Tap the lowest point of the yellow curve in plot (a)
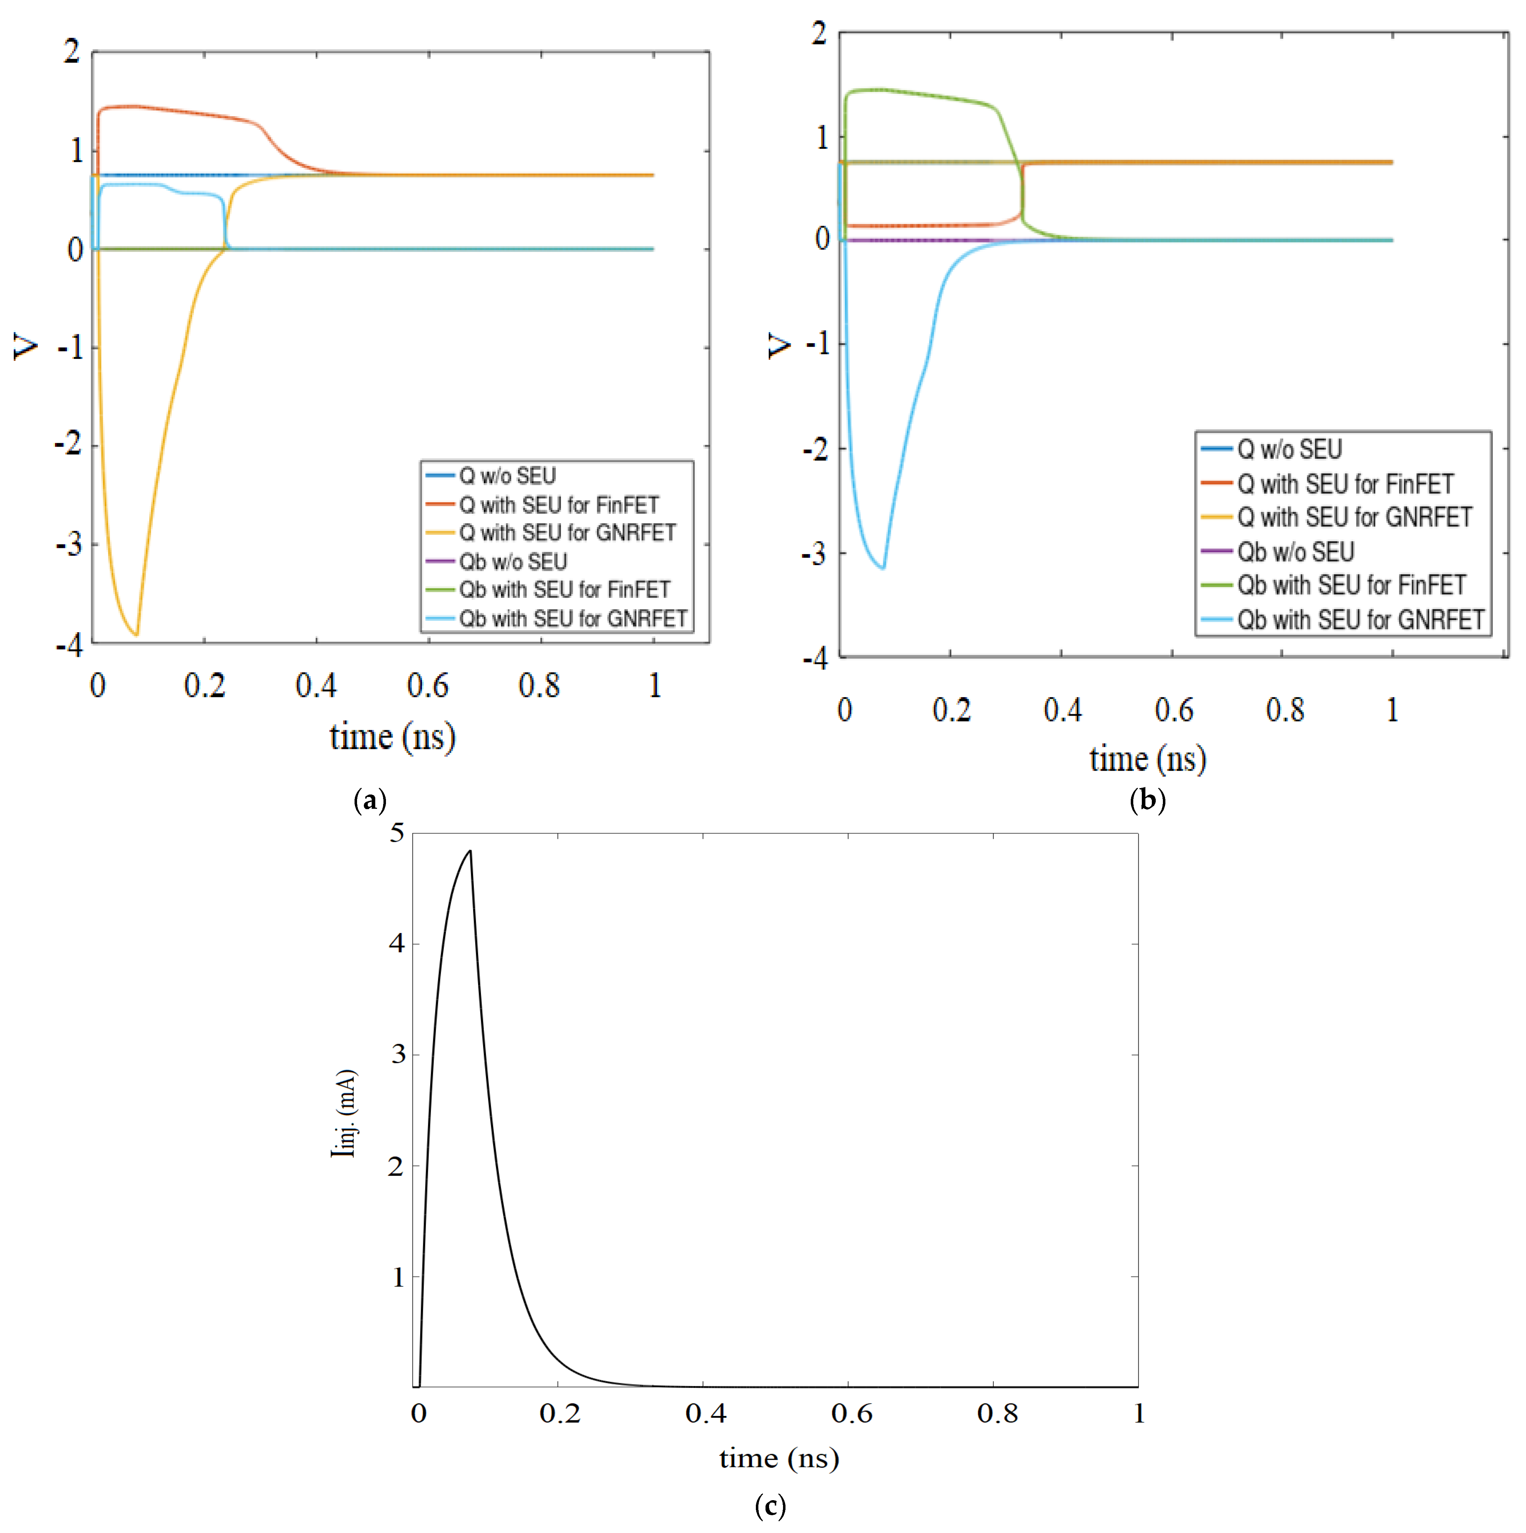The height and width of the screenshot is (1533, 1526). point(136,634)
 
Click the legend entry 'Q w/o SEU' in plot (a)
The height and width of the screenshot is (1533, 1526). point(507,476)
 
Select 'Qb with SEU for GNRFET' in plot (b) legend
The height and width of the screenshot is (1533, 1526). point(1360,620)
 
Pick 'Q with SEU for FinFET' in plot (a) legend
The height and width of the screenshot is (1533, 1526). point(558,505)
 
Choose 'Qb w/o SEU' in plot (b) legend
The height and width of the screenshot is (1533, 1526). point(1295,552)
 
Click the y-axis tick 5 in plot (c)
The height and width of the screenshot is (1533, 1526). point(397,833)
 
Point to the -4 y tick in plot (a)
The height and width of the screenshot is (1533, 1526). point(70,645)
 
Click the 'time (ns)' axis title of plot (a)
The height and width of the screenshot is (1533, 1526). point(392,737)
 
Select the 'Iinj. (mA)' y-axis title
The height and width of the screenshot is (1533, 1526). point(344,1113)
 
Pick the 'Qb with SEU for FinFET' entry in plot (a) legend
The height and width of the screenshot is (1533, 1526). point(564,590)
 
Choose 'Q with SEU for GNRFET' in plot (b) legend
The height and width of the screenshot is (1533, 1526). point(1354,517)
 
